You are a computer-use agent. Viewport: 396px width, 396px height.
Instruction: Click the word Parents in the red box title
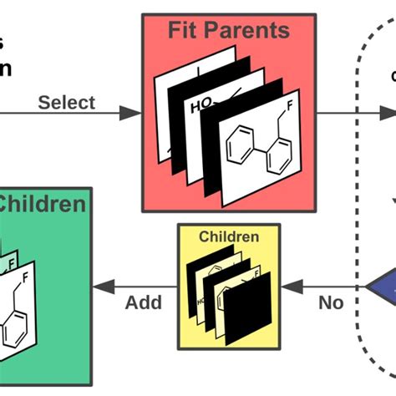tap(251, 32)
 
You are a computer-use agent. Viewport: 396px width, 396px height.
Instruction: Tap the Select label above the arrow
tap(67, 103)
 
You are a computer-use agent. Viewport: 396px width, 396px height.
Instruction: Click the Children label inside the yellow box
tap(228, 237)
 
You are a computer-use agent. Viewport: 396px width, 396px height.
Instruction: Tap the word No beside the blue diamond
tap(331, 302)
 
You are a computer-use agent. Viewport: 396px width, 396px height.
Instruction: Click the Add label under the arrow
tap(144, 302)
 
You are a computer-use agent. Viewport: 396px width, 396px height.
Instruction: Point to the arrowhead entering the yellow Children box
tap(289, 287)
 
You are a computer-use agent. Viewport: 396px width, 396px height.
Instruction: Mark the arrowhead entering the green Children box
tap(100, 287)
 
